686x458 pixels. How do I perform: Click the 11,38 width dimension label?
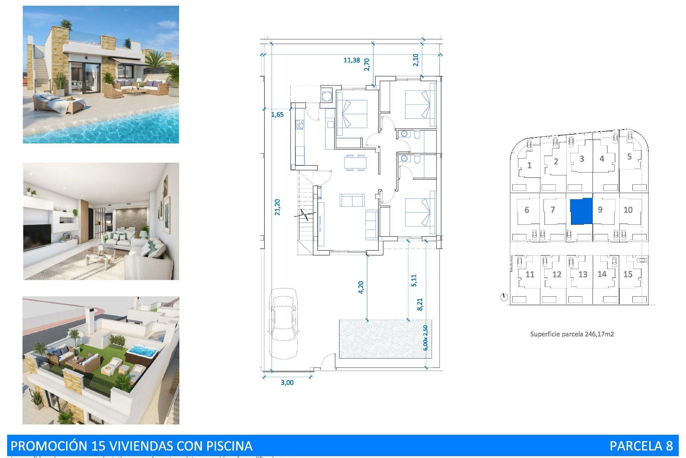click(x=352, y=60)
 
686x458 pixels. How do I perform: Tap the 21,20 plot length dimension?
click(x=277, y=207)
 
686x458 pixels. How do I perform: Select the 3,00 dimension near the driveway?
click(x=287, y=383)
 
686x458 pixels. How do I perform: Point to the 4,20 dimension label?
click(x=361, y=287)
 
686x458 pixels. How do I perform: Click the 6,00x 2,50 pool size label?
click(x=425, y=338)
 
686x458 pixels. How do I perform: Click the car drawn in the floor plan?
click(x=283, y=323)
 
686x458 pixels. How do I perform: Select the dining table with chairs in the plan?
click(x=355, y=162)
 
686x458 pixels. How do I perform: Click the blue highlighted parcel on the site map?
click(x=581, y=211)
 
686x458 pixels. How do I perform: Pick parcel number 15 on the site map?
click(x=628, y=274)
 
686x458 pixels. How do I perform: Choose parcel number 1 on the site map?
click(x=529, y=165)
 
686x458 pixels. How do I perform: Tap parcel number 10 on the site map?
click(x=628, y=210)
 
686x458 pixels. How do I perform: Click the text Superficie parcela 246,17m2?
click(x=572, y=334)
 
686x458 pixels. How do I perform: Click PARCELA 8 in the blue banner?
click(x=641, y=446)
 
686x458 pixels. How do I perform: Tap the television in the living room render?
click(x=37, y=237)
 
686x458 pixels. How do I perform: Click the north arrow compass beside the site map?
click(x=504, y=297)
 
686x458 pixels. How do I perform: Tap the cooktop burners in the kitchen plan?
click(x=300, y=125)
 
